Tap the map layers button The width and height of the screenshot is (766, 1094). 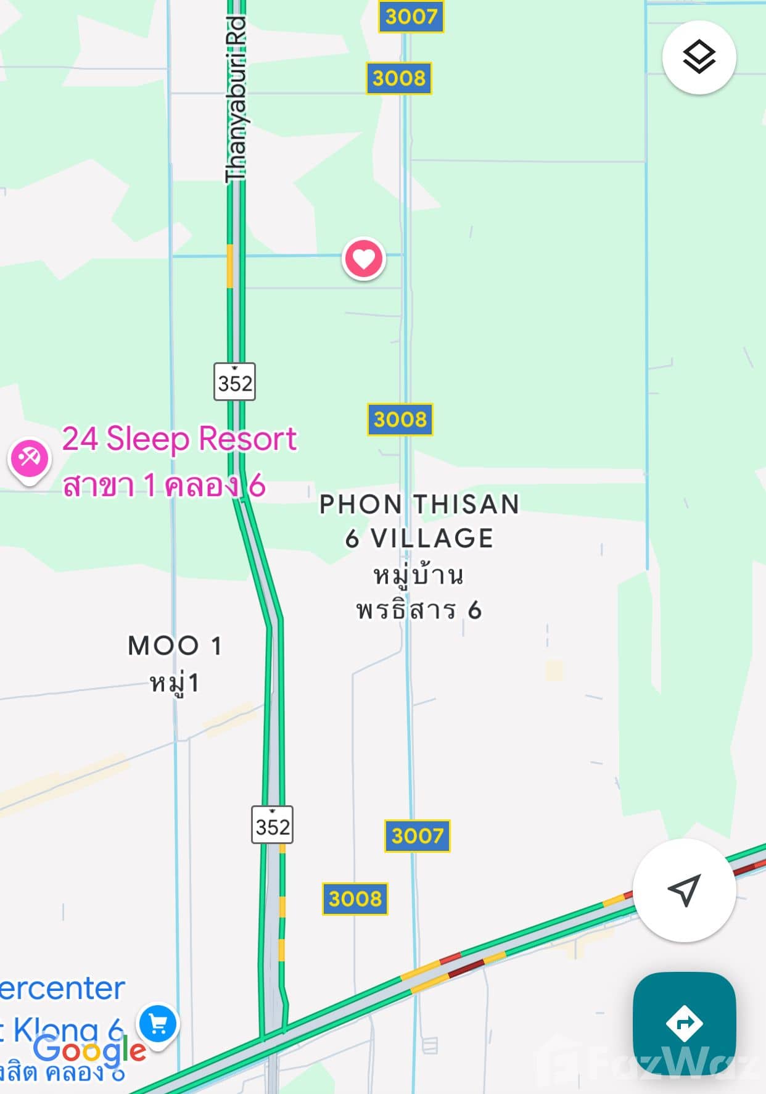pos(699,57)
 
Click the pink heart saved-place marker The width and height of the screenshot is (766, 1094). pos(363,259)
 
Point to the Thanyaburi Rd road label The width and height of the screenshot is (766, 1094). pos(236,99)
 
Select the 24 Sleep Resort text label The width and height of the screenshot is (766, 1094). pos(179,439)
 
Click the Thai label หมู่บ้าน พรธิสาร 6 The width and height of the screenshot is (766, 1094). pos(419,592)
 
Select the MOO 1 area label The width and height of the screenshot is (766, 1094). pos(175,646)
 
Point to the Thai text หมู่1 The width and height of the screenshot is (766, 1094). pos(175,684)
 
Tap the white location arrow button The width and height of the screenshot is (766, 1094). pos(684,890)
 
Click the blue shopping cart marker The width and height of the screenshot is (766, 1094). pos(158,1024)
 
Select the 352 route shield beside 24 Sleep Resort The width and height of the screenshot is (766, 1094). pos(234,382)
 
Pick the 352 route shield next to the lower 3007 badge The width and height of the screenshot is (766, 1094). pos(272,825)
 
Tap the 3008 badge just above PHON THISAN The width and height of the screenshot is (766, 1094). pos(400,420)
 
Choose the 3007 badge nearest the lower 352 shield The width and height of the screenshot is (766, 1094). pos(417,836)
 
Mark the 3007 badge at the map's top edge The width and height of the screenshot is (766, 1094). pos(411,16)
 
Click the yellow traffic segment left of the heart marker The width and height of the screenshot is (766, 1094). pos(230,266)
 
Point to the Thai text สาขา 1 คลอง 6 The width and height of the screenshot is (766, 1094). pos(164,486)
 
